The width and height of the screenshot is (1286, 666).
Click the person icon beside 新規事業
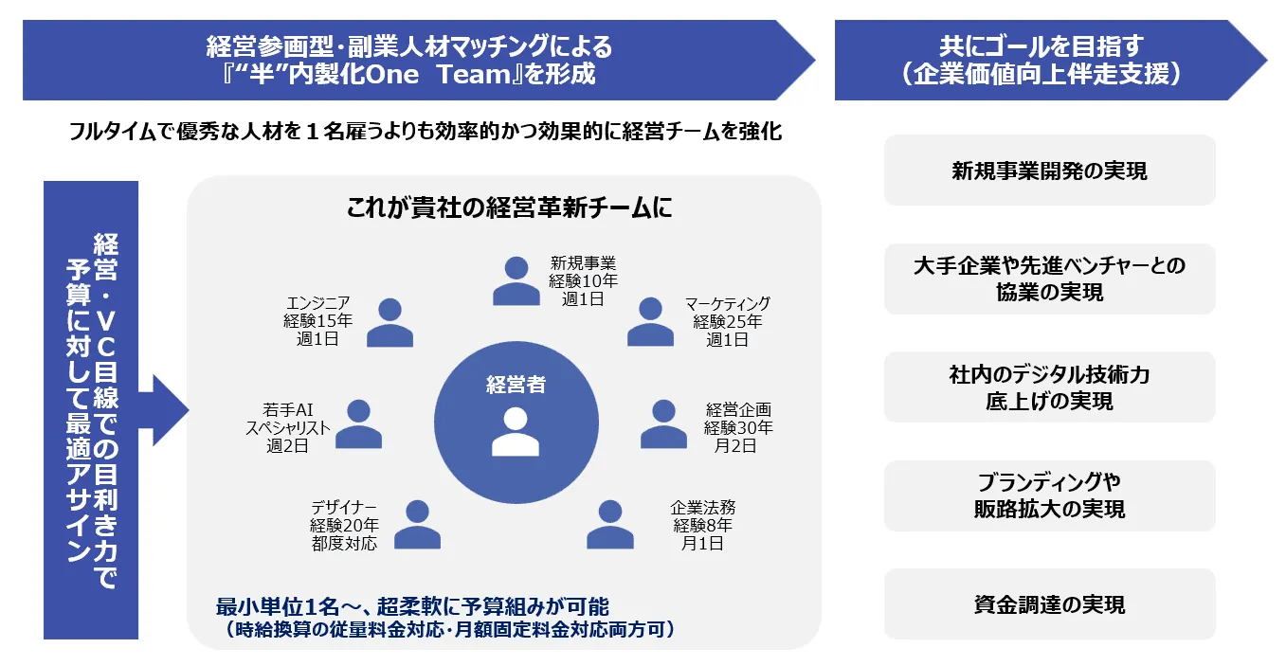516,280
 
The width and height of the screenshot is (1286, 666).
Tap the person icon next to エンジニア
389,322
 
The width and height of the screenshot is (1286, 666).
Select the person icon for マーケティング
650,322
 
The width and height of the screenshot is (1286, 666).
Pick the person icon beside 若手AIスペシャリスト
358,423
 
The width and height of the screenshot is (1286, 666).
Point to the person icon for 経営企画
663,423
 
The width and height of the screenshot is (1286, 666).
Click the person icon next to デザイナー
417,525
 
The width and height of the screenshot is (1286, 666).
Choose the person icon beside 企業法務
609,525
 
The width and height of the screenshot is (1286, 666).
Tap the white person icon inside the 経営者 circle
516,432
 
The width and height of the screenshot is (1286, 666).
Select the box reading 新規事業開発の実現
1049,171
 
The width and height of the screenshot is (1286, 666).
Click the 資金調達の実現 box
1049,603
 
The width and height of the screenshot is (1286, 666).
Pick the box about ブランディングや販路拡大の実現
1049,495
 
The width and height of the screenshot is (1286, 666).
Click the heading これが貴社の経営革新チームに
509,207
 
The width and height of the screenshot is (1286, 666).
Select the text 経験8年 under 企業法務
702,525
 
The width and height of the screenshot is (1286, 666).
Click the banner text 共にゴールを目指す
1041,45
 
